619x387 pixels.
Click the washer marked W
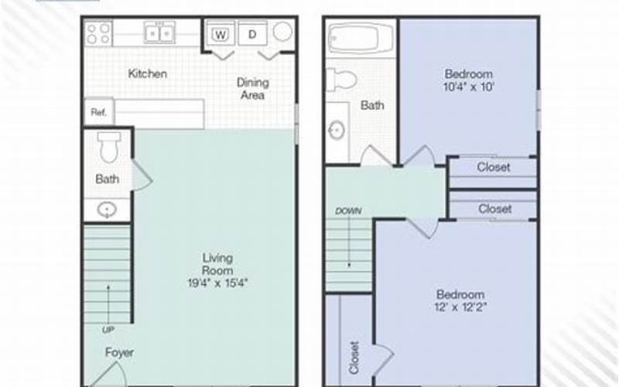coord(221,35)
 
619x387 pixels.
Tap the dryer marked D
coord(253,35)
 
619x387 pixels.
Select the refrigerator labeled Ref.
coord(99,112)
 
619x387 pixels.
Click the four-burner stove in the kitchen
coord(99,33)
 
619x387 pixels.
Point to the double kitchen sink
coord(159,33)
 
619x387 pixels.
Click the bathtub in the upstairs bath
coord(361,38)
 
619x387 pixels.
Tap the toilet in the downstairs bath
coord(109,147)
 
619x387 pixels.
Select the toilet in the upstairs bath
coord(342,80)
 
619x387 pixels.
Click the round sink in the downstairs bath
coord(107,209)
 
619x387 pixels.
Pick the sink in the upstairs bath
coord(337,130)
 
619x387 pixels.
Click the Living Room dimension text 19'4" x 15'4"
coord(217,283)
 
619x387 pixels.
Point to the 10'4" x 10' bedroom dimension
coord(469,87)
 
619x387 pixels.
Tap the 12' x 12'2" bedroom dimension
coord(460,307)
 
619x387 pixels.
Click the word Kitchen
coord(148,74)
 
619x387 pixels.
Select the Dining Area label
coord(253,89)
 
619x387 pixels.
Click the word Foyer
coord(119,352)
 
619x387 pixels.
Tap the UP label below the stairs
coord(108,330)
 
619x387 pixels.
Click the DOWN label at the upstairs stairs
coord(348,211)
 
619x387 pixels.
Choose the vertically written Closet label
coord(354,358)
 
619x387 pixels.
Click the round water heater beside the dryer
coord(282,31)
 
